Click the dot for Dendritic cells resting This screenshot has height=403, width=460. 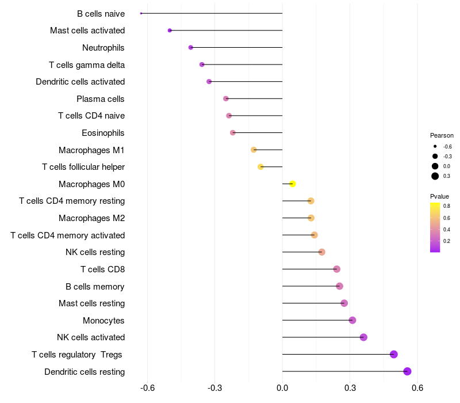point(408,371)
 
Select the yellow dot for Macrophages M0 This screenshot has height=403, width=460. point(293,184)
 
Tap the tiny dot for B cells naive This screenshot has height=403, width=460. point(141,13)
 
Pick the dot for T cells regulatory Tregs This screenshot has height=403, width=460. point(394,354)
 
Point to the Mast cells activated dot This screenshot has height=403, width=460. point(170,31)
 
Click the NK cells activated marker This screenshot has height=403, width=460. point(363,337)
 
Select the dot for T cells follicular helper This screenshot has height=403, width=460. point(260,167)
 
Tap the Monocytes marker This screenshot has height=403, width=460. point(352,320)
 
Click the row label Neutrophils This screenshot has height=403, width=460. point(103,48)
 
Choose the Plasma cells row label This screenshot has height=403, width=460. point(101,99)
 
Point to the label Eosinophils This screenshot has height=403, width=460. point(103,133)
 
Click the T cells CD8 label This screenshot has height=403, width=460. point(102,269)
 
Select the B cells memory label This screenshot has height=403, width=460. point(95,286)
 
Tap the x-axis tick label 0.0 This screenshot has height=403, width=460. point(282,387)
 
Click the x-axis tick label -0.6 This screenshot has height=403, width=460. point(147,387)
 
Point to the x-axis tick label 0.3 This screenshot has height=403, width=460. point(350,387)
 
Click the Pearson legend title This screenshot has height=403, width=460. point(442,135)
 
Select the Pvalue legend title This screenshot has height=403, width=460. point(440,196)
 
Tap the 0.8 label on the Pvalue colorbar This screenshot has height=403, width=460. point(446,206)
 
